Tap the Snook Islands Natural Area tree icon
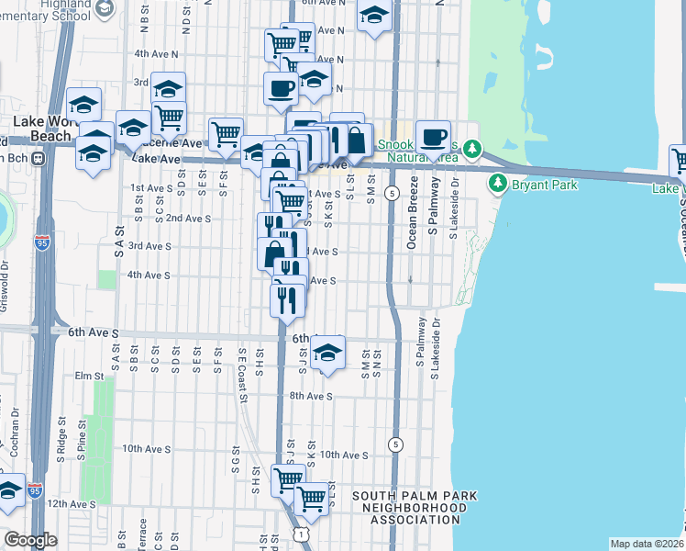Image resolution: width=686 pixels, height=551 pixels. click(x=472, y=148)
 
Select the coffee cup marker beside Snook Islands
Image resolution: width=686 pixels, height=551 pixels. click(x=433, y=139)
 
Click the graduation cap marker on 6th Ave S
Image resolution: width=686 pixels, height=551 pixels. click(x=327, y=354)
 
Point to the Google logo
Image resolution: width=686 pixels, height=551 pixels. click(x=30, y=539)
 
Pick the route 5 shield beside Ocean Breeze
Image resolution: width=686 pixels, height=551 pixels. click(x=392, y=193)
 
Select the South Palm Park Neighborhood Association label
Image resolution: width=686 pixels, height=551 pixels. click(x=415, y=508)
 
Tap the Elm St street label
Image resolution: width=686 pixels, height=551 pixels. click(x=91, y=376)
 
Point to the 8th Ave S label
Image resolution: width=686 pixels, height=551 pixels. click(x=314, y=397)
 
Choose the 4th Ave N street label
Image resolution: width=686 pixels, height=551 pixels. click(x=155, y=54)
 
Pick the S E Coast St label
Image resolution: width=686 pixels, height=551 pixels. click(x=242, y=375)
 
